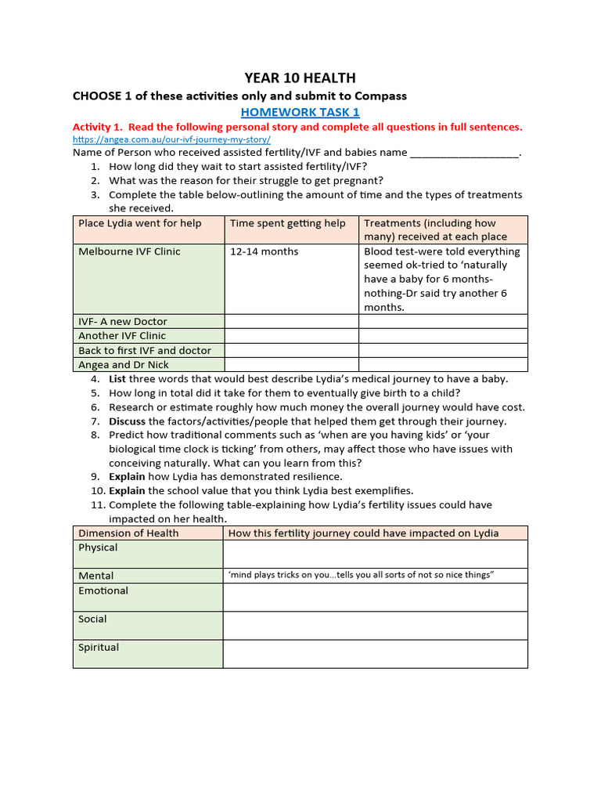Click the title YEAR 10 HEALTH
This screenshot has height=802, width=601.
point(300,78)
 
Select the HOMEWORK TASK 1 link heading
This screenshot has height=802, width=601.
point(300,112)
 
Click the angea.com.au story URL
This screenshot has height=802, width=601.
point(171,139)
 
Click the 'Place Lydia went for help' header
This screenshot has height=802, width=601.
point(140,223)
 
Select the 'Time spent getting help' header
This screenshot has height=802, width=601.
point(287,223)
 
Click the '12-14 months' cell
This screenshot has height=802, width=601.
point(264,251)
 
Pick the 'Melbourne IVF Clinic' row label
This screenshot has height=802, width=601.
point(129,251)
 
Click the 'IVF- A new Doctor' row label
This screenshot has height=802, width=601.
point(123,321)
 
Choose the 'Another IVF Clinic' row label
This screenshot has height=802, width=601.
point(122,336)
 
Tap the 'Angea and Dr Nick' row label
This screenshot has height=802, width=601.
point(124,365)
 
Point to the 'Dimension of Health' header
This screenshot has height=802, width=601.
point(128,533)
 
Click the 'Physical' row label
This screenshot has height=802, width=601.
point(98,547)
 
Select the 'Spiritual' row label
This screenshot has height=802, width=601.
point(99,648)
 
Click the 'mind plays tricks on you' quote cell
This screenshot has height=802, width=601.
point(361,576)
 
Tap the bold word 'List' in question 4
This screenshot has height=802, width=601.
point(117,379)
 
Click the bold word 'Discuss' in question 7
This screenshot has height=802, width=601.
point(127,421)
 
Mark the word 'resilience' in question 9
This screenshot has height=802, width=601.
point(315,476)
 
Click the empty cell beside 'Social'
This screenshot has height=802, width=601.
point(375,625)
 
